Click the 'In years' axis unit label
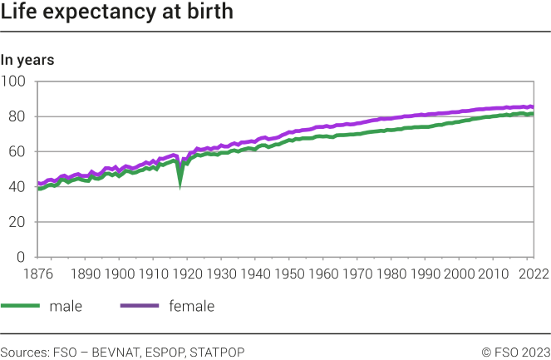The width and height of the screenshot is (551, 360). pos(27,60)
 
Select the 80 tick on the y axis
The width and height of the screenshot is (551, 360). pos(17,116)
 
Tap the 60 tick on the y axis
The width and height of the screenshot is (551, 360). pos(17,152)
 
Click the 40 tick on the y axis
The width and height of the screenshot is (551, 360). pos(17,187)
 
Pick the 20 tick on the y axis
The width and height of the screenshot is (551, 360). pos(17,222)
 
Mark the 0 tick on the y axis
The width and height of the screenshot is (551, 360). pos(22,257)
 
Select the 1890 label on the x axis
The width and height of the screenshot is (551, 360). pos(86,274)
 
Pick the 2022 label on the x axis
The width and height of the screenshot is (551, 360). pos(529,274)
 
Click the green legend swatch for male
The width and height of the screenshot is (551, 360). pos(20,307)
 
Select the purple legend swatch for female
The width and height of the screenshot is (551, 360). pos(140,307)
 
